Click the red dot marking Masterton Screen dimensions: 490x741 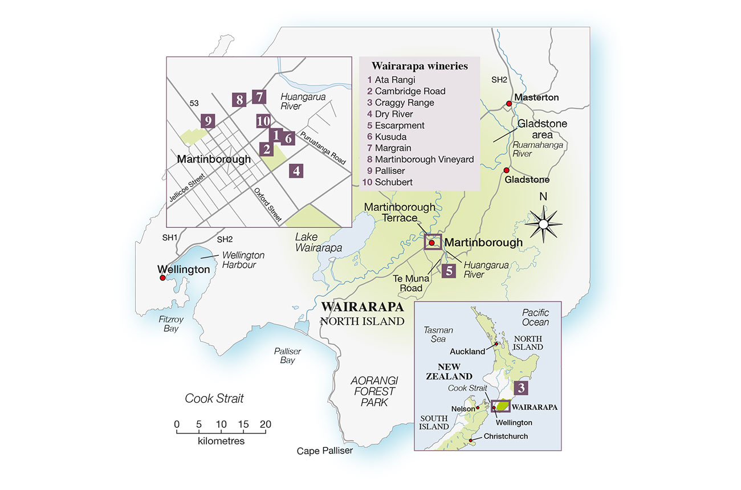[508, 104]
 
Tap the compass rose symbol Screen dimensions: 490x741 [544, 224]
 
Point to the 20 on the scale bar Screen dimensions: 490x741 [266, 424]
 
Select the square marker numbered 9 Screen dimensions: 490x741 [209, 121]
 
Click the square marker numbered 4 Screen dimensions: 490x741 [296, 171]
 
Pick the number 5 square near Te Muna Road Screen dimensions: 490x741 [449, 271]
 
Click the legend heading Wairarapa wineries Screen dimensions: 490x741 [420, 66]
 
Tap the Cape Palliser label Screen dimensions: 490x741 [324, 451]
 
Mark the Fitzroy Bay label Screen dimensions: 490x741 [171, 324]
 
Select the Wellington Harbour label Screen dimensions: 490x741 [239, 260]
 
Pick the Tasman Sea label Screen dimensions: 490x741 [439, 334]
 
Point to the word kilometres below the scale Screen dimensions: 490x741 [221, 440]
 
